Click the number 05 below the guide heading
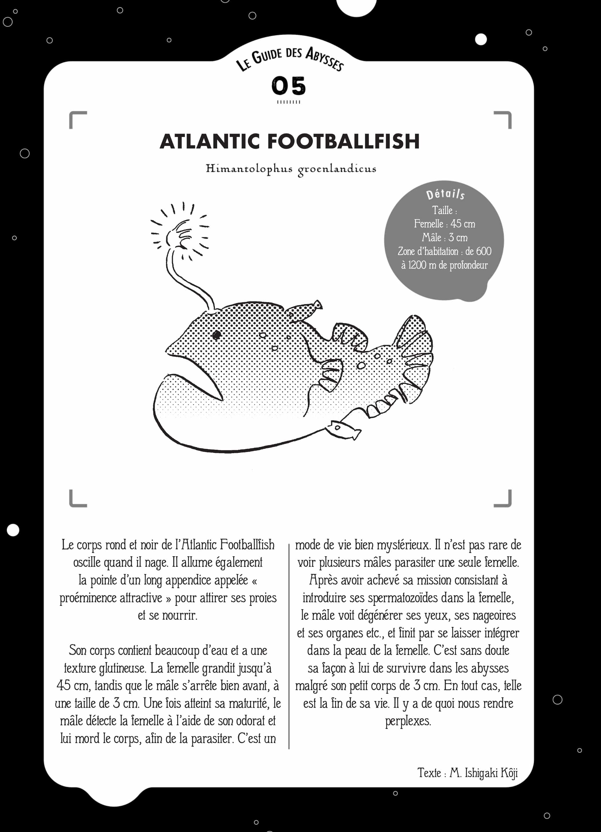[288, 86]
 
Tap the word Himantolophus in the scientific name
[249, 169]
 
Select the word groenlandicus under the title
[337, 169]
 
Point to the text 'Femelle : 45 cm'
[444, 224]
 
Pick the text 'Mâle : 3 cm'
[444, 238]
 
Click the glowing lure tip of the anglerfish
[179, 235]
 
